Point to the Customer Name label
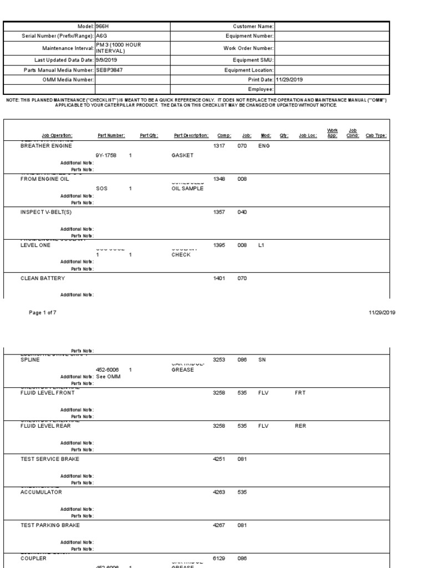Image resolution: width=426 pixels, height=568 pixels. pyautogui.click(x=254, y=26)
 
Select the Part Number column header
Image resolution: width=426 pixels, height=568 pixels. pyautogui.click(x=111, y=135)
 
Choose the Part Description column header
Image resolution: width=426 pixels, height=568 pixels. pyautogui.click(x=191, y=135)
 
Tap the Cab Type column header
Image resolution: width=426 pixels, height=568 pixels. pyautogui.click(x=376, y=135)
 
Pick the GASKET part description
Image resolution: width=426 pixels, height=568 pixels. pyautogui.click(x=182, y=156)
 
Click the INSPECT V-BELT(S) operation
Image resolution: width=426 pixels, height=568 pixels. pyautogui.click(x=46, y=212)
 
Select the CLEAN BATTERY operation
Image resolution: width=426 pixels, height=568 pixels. pyautogui.click(x=43, y=278)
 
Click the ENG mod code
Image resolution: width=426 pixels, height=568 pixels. pyautogui.click(x=264, y=145)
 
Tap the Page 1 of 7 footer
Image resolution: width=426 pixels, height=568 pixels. pyautogui.click(x=43, y=312)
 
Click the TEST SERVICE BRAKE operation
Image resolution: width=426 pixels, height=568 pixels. pyautogui.click(x=50, y=459)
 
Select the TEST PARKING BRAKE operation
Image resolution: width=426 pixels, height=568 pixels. pyautogui.click(x=50, y=525)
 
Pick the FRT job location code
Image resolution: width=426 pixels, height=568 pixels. pyautogui.click(x=301, y=392)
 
